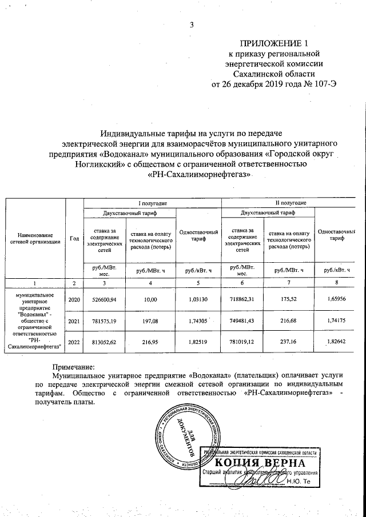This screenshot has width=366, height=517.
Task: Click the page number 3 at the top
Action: (x=192, y=24)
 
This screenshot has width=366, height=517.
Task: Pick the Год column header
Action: (x=74, y=238)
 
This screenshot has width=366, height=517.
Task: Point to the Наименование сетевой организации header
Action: (x=35, y=238)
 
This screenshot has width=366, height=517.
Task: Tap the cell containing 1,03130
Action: (x=198, y=299)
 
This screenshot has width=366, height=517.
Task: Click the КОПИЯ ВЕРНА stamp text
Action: (x=264, y=463)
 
